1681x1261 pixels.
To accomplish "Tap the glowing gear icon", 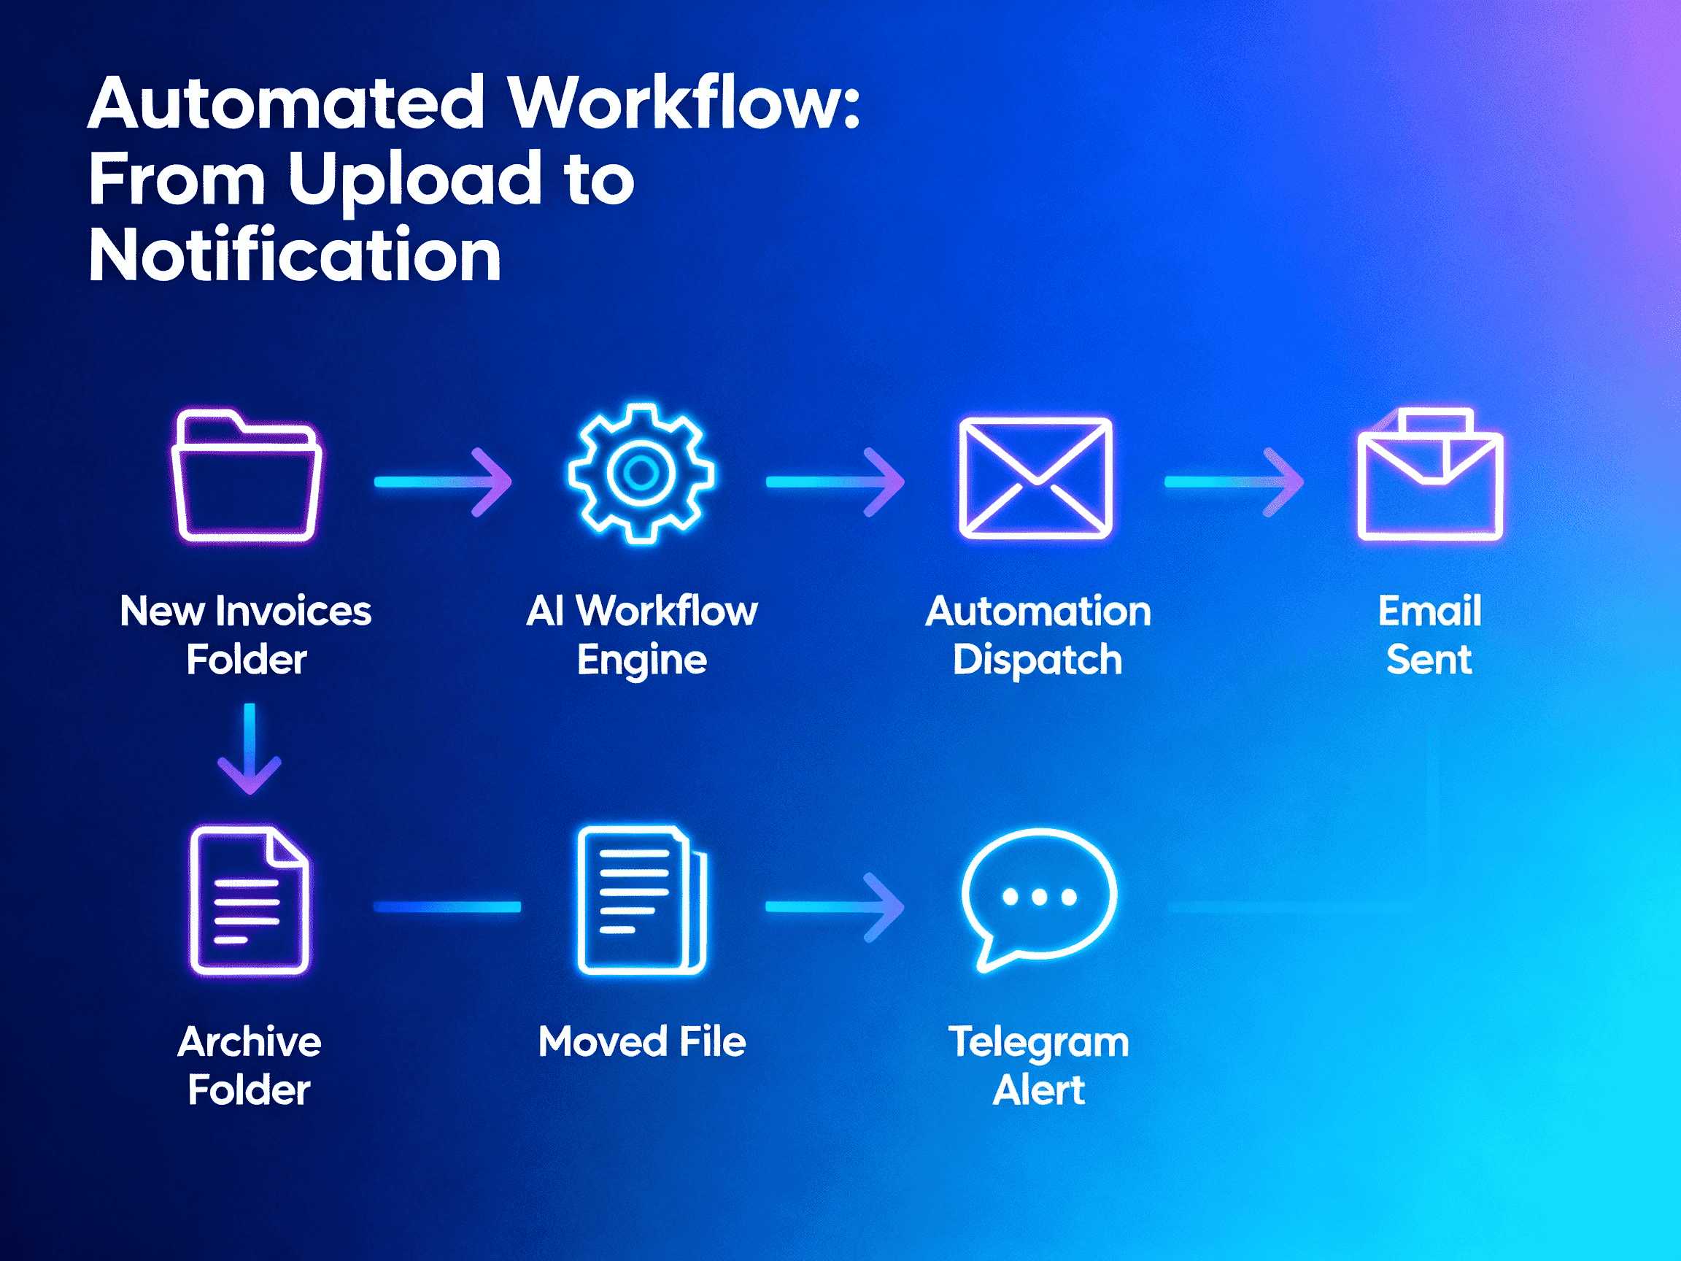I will (x=641, y=473).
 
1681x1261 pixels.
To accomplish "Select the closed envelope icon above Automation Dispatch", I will (x=1035, y=478).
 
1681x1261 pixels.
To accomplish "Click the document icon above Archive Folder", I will (x=250, y=900).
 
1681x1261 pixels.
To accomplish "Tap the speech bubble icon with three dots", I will (x=1038, y=897).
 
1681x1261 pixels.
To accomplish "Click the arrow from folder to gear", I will (x=443, y=482).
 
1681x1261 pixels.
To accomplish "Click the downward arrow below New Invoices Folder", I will (x=250, y=749).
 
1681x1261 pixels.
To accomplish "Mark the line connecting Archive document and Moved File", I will (x=447, y=907).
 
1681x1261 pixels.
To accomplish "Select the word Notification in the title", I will (x=295, y=255).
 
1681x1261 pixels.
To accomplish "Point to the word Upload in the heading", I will (x=414, y=180).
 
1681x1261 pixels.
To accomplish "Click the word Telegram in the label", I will (x=1038, y=1041).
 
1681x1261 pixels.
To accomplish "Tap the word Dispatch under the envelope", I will (x=1037, y=659).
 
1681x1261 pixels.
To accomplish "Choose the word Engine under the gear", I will (x=641, y=659).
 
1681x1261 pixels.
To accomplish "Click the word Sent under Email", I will (x=1429, y=659).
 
